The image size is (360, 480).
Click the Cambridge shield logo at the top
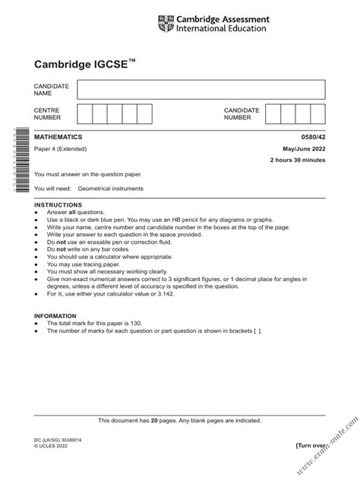click(165, 24)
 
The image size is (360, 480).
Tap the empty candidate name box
click(200, 90)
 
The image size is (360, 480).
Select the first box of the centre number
click(84, 115)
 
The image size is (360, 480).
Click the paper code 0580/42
click(312, 137)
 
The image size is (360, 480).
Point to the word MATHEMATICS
click(59, 137)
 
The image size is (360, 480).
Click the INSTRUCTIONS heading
click(58, 205)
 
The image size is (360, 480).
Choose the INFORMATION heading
click(57, 316)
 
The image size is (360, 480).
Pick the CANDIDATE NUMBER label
click(241, 115)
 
